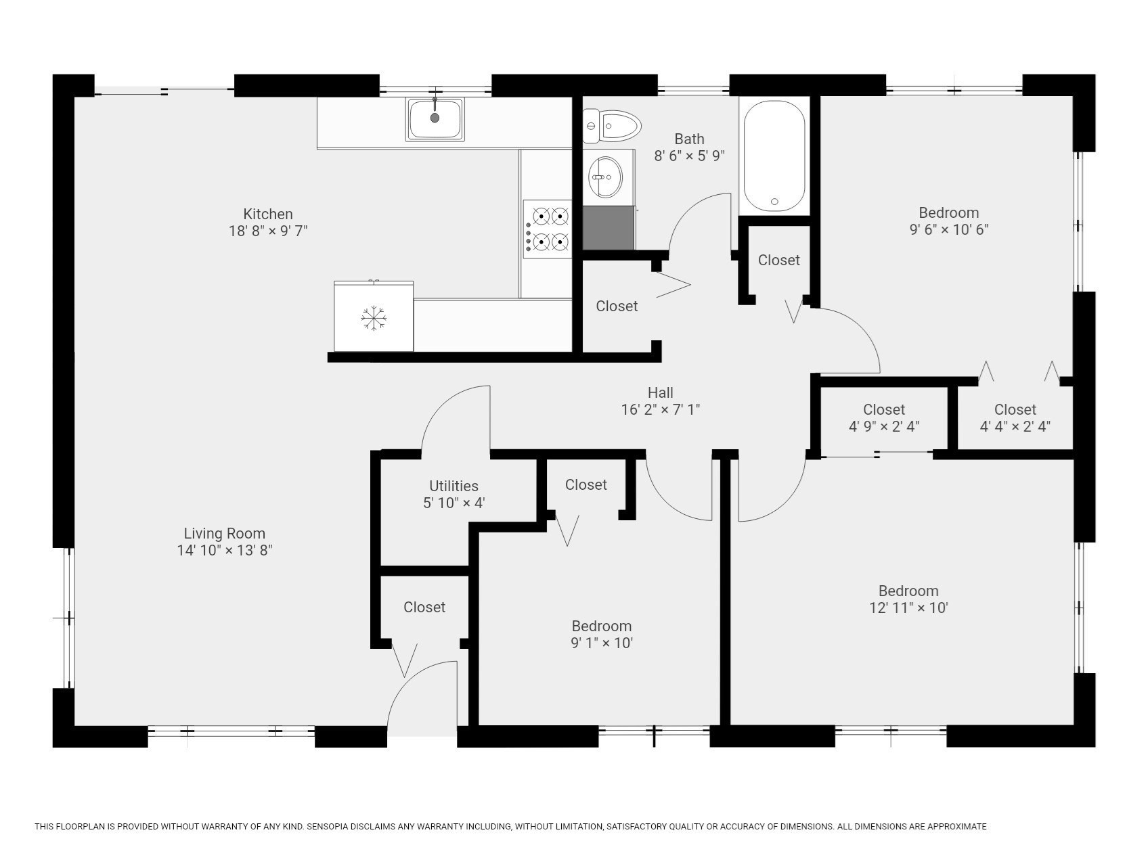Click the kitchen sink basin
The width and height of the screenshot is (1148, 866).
click(435, 120)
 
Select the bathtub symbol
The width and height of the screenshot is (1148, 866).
click(774, 155)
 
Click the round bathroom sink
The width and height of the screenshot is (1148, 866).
click(605, 177)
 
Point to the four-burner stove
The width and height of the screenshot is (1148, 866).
click(547, 229)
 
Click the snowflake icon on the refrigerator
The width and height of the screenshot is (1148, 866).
click(373, 318)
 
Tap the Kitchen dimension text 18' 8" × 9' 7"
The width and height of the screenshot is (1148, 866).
click(268, 231)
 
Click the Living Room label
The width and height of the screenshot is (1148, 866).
click(225, 533)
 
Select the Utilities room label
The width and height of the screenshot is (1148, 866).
click(454, 486)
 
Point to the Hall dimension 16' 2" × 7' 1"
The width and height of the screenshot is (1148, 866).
click(660, 409)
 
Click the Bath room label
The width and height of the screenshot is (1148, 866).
click(689, 139)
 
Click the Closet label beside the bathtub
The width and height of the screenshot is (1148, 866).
click(778, 260)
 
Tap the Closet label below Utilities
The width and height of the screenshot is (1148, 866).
click(424, 607)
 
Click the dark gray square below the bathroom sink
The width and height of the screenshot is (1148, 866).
click(609, 228)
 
